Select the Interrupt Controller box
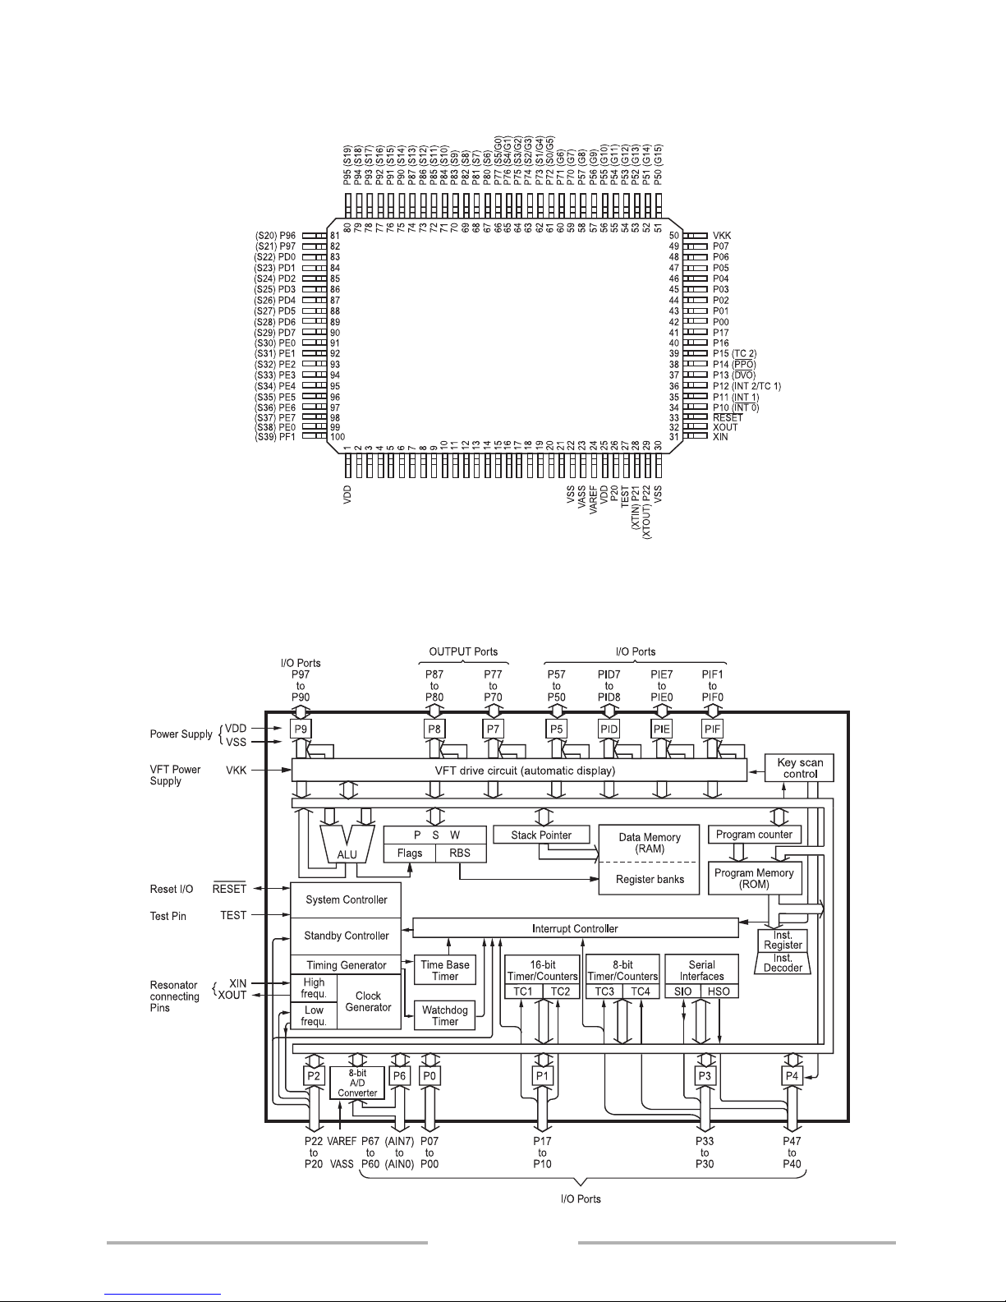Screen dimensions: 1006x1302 point(576,928)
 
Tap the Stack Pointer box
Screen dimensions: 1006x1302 point(541,835)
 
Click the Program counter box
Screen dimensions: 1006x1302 point(755,834)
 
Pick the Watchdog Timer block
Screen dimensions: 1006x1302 point(445,1015)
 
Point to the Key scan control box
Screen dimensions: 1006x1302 point(799,767)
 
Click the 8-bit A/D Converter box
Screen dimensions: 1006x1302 point(357,1083)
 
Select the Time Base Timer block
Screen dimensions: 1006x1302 point(445,970)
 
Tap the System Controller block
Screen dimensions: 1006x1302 point(346,900)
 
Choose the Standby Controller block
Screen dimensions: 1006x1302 point(346,936)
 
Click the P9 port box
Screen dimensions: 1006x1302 point(301,729)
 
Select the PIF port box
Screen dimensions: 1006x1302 point(713,729)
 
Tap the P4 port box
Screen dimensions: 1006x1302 point(792,1076)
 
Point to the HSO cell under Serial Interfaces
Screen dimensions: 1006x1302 point(719,991)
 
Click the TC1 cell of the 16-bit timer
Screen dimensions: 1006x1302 point(523,991)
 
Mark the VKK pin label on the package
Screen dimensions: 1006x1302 point(722,236)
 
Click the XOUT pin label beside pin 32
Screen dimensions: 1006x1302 point(725,427)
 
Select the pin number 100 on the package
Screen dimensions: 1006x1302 point(338,437)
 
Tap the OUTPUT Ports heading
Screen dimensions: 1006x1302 point(463,651)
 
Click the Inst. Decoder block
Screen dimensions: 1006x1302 point(783,963)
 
